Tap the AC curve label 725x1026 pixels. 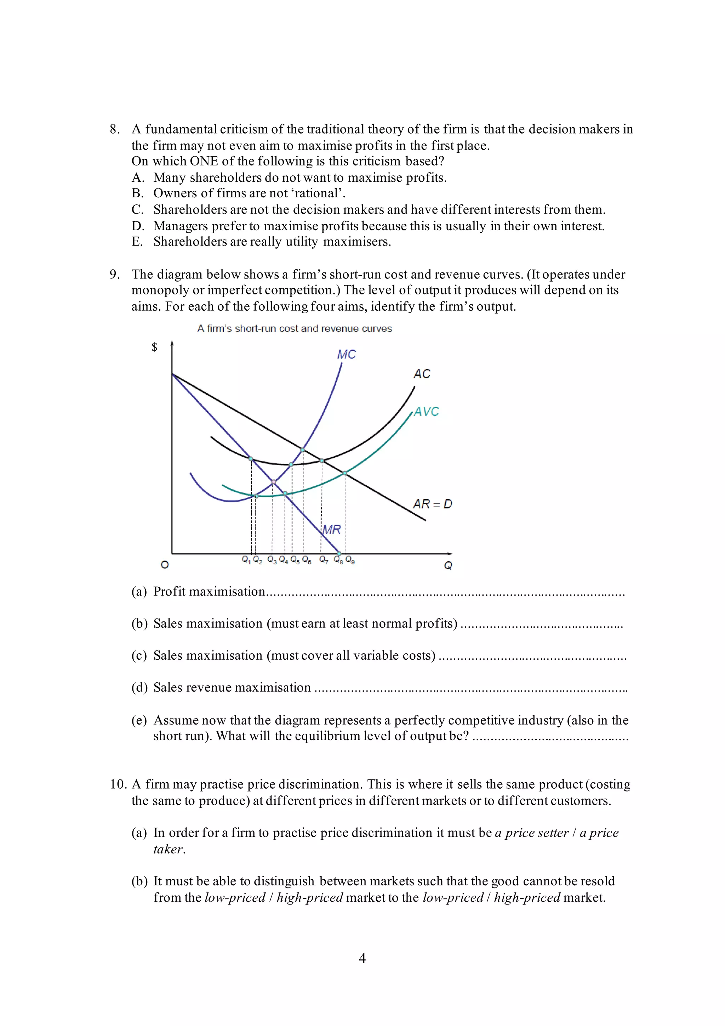(422, 374)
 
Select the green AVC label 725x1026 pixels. (426, 412)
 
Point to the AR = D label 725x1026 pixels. (432, 504)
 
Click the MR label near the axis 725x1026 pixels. (332, 530)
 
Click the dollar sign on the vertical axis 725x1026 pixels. (154, 347)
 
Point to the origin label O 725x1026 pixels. (165, 565)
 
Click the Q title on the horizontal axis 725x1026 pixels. (448, 566)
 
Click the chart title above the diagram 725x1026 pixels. (295, 328)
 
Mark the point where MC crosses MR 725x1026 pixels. (274, 482)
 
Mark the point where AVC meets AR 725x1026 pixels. (345, 473)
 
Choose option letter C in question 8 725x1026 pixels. (137, 210)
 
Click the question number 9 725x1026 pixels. (114, 274)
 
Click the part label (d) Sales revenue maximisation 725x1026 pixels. (139, 687)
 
